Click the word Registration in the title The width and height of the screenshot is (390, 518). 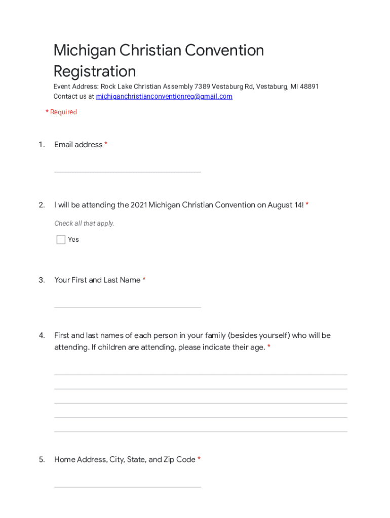click(x=95, y=71)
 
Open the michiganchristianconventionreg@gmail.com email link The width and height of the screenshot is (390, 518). click(x=164, y=97)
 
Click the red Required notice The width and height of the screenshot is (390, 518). click(x=61, y=112)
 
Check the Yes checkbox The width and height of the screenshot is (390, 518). click(x=61, y=240)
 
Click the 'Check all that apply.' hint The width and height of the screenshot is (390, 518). click(x=84, y=224)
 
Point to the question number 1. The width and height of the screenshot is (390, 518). click(x=42, y=145)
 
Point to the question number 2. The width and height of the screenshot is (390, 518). click(x=42, y=205)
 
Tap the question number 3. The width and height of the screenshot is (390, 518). click(x=42, y=280)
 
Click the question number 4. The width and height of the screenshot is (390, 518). click(x=42, y=335)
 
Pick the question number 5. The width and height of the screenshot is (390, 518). click(x=42, y=460)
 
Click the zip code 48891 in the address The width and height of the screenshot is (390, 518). click(x=309, y=87)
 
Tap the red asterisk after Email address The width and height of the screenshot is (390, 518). click(x=106, y=145)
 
